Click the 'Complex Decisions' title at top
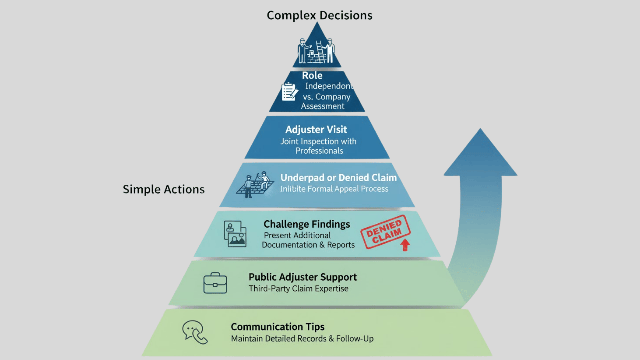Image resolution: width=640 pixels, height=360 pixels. pos(319,15)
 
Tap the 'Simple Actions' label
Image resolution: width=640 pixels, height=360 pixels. pos(163,189)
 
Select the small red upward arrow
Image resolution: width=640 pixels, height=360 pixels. pos(405,245)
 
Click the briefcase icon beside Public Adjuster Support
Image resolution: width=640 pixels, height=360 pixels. pos(215,283)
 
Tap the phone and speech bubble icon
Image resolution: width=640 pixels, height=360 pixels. pos(195,332)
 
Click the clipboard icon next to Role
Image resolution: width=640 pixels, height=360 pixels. pos(289,92)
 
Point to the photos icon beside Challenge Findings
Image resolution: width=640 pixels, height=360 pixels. pos(235,234)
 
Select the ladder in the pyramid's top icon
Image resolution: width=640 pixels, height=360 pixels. pos(320,51)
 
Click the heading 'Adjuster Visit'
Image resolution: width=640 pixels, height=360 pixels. pos(316,129)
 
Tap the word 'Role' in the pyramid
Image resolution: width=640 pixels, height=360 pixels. pos(312,75)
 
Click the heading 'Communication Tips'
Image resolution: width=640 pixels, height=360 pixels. pos(277,327)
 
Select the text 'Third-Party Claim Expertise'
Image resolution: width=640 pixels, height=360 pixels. pos(298,289)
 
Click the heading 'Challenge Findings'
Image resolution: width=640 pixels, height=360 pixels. pos(306,224)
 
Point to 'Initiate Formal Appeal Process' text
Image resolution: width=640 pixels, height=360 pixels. pos(334,189)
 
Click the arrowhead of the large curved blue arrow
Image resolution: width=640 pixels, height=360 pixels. pos(480,153)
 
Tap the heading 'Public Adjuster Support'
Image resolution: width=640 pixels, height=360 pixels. pos(302,277)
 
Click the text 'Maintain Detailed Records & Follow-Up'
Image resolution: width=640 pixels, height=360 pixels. pos(302,339)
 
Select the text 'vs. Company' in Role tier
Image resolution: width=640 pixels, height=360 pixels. pos(326,97)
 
